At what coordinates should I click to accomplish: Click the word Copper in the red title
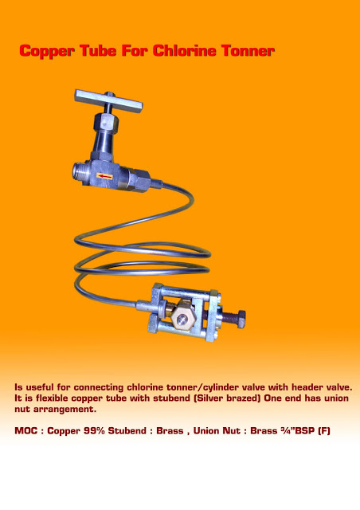coord(47,51)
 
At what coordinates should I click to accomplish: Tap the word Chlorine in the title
coord(184,50)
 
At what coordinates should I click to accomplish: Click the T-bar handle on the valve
coord(108,101)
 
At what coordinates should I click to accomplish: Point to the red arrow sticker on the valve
coord(104,176)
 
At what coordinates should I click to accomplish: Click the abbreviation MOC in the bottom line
coord(26,430)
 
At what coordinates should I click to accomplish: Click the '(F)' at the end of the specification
coord(324,430)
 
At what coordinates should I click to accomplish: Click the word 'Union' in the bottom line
coord(206,430)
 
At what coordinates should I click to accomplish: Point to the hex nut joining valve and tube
coord(140,181)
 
